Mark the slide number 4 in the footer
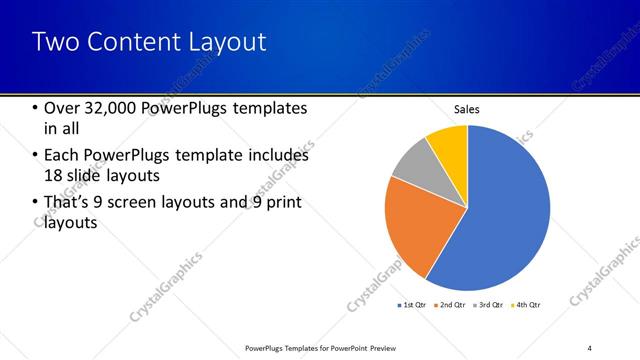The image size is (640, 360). pyautogui.click(x=590, y=347)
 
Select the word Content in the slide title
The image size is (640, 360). pyautogui.click(x=128, y=42)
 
